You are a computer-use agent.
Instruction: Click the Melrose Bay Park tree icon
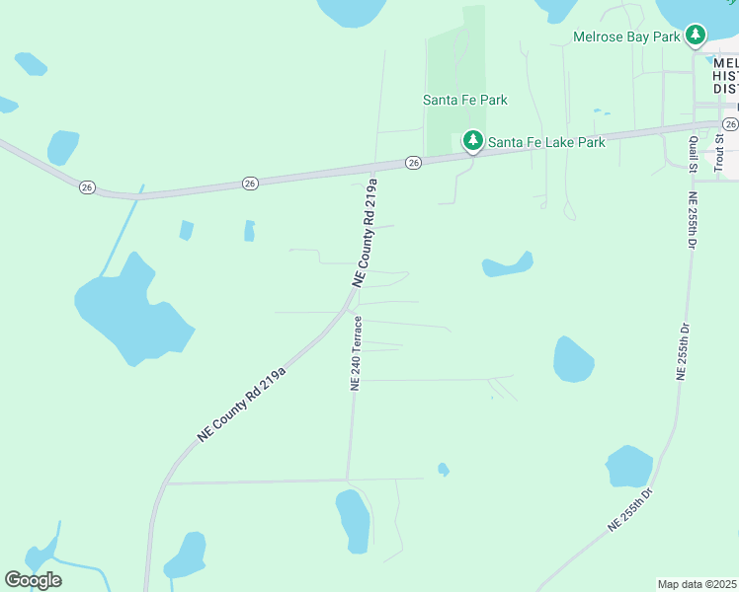click(697, 37)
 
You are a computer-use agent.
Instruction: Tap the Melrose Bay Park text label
click(627, 37)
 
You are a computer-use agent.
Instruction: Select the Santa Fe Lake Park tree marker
click(473, 142)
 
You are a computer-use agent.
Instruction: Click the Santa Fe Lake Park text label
click(546, 142)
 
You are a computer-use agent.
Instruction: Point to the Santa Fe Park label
click(465, 100)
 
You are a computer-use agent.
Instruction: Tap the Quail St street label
click(694, 154)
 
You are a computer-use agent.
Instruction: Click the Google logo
click(33, 580)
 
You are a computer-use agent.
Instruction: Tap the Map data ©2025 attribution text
click(697, 584)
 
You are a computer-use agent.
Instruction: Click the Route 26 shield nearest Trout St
click(729, 123)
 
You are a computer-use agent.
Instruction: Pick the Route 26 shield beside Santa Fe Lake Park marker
click(414, 162)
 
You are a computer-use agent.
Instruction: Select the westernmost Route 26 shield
click(88, 186)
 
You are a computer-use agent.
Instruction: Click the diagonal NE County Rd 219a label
click(241, 403)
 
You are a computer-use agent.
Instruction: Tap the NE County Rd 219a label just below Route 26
click(364, 233)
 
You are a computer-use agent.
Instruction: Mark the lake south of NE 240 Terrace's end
click(354, 519)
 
